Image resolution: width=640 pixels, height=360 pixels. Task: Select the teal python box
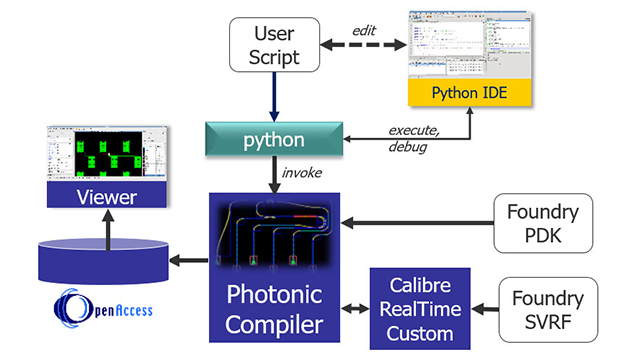point(273,140)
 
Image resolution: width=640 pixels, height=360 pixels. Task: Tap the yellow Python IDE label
point(468,93)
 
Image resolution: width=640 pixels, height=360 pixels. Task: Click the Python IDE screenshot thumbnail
point(468,44)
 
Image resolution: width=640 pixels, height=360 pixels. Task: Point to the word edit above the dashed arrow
point(363,30)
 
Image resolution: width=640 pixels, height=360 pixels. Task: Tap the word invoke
point(300,173)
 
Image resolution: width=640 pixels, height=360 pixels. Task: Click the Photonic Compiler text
point(274,310)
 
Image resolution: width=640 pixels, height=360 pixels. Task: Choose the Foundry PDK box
point(544,222)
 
